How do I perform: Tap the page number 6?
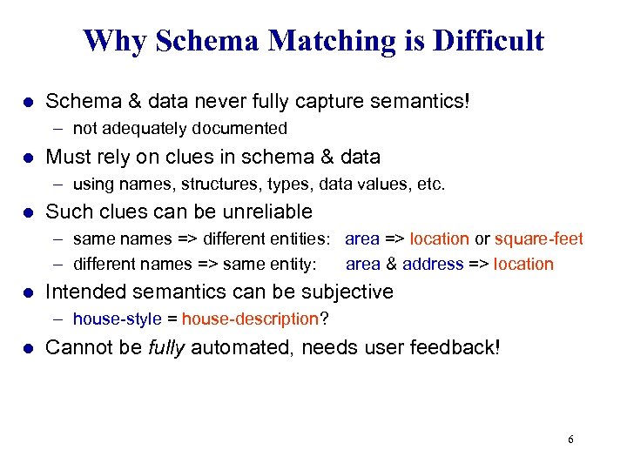click(570, 440)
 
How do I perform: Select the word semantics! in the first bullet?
click(422, 102)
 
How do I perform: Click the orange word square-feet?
click(539, 238)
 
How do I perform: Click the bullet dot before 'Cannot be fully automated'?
click(28, 348)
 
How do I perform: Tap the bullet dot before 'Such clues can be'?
click(28, 212)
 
